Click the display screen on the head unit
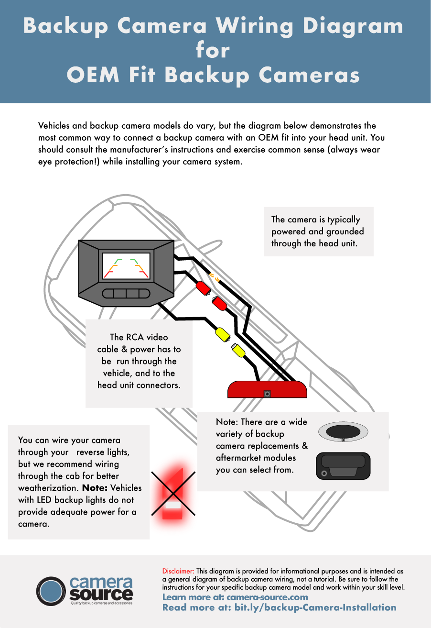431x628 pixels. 126,266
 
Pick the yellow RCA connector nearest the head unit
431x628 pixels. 223,334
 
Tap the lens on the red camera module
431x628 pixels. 267,394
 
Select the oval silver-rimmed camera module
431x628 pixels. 343,433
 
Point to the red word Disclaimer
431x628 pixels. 178,571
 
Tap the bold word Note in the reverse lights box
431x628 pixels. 97,488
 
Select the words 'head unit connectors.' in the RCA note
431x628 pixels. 139,385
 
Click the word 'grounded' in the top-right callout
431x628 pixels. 344,231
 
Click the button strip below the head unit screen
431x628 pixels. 126,293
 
